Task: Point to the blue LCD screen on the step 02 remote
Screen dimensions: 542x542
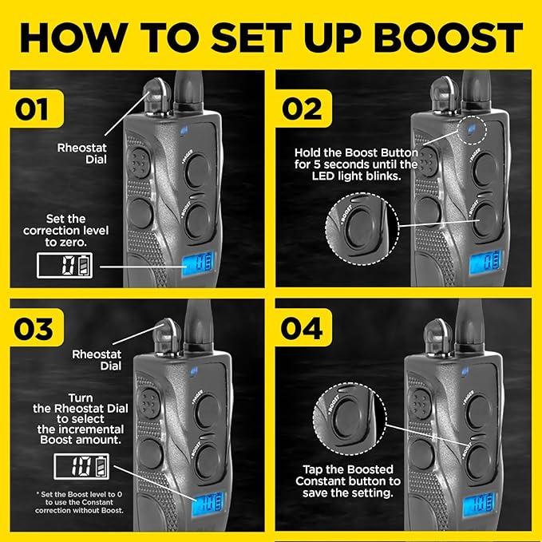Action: coord(485,262)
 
